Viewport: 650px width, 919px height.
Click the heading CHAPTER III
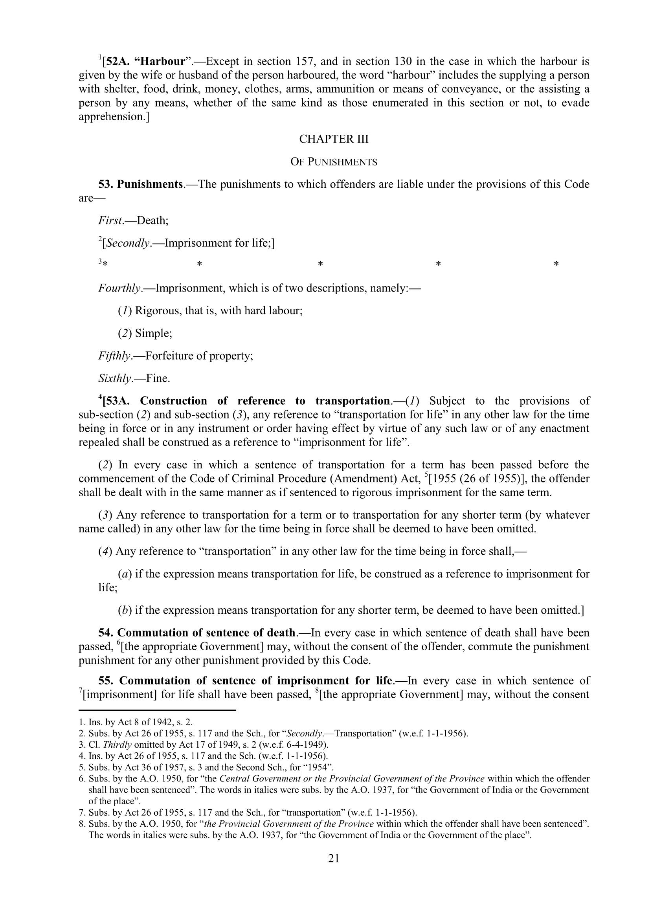click(x=334, y=139)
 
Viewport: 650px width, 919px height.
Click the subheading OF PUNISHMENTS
click(x=334, y=162)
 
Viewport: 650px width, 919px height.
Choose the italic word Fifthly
click(x=115, y=356)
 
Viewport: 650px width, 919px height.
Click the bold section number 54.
click(x=106, y=633)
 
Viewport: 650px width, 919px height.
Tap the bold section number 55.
click(x=106, y=681)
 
